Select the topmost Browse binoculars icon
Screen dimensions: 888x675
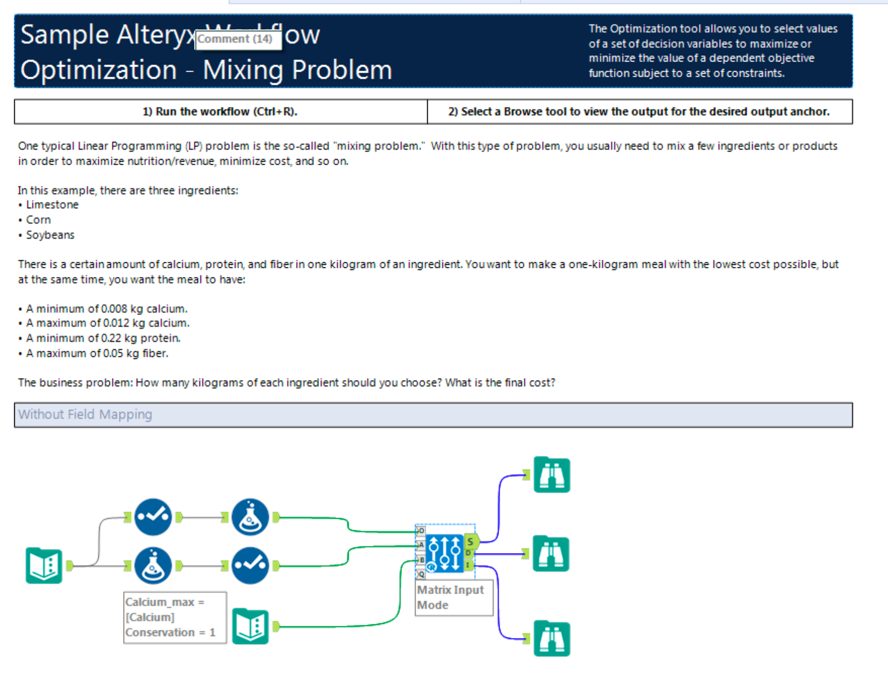tap(552, 475)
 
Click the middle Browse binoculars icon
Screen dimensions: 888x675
tap(551, 554)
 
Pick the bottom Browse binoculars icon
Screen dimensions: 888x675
tap(552, 638)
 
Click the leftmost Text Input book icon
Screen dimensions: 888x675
tap(44, 565)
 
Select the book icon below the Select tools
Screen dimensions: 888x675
tap(250, 626)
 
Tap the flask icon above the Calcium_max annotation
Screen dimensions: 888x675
tap(153, 565)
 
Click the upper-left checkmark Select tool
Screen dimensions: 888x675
tap(153, 517)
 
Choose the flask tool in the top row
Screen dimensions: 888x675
tap(250, 517)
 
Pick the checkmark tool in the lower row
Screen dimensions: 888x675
tap(250, 565)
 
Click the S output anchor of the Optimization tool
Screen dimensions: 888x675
tap(471, 542)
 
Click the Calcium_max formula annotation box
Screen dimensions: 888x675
tap(175, 617)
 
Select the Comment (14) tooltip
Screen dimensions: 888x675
tap(238, 39)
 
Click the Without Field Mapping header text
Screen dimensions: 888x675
tap(85, 415)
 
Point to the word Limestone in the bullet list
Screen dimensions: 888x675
tap(52, 205)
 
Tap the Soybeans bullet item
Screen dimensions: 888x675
tap(50, 235)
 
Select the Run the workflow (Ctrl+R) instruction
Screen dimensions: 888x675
tap(220, 112)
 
